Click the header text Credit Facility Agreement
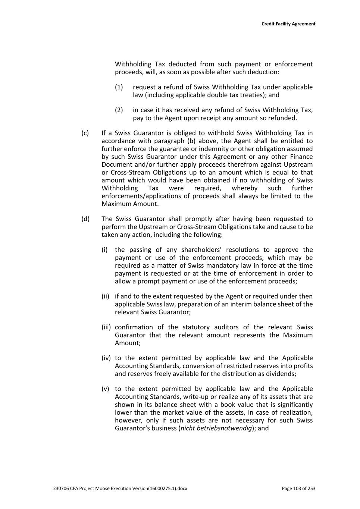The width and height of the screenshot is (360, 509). click(x=288, y=24)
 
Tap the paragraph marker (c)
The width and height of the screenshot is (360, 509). click(x=85, y=133)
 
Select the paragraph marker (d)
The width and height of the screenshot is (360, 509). click(x=85, y=219)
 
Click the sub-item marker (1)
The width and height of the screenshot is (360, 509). click(x=119, y=87)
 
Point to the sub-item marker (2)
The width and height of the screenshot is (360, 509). click(x=119, y=110)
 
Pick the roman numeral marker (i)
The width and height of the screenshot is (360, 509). click(x=104, y=250)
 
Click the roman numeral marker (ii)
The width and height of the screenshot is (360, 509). click(x=105, y=296)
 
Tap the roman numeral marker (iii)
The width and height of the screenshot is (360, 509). click(x=106, y=327)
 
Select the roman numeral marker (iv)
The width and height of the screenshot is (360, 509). click(x=106, y=358)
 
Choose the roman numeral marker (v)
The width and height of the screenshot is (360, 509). click(x=105, y=389)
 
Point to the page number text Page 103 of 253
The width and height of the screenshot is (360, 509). click(x=298, y=488)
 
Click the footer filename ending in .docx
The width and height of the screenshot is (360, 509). click(x=120, y=488)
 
